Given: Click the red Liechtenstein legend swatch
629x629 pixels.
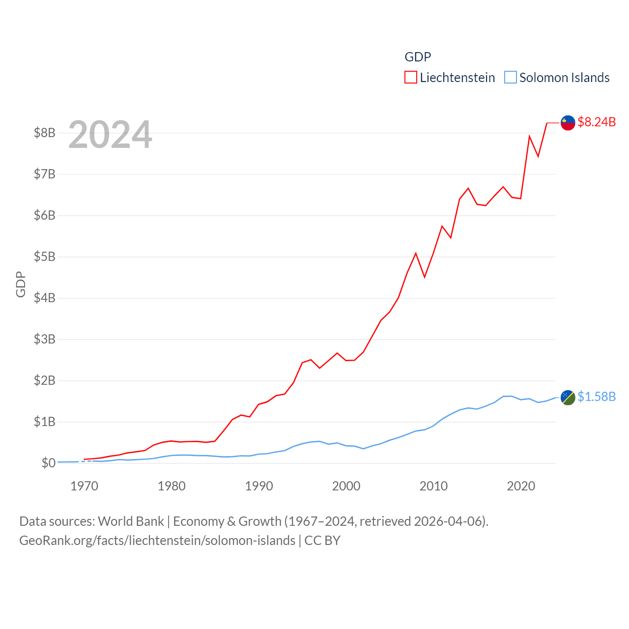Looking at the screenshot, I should [x=411, y=78].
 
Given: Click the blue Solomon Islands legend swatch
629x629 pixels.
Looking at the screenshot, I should [x=511, y=78].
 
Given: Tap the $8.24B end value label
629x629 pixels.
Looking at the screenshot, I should [x=597, y=122].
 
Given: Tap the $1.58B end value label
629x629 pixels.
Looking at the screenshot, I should [x=597, y=397].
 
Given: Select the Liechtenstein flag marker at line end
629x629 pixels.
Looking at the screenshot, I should [x=568, y=123].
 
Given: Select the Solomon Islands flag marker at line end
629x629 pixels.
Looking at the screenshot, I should [x=568, y=398].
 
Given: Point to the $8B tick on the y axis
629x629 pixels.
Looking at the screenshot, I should [x=44, y=133].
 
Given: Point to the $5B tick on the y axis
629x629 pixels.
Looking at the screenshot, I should [x=44, y=257].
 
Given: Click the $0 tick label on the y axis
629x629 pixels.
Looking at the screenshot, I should [x=48, y=463].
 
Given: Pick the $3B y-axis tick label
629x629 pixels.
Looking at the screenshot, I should [x=44, y=339].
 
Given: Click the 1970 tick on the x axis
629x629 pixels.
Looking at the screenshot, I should [x=84, y=486].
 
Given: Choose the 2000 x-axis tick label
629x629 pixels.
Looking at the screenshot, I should [x=346, y=486].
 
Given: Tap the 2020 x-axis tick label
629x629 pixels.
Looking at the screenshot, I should [x=521, y=486].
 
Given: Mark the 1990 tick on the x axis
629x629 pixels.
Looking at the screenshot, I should [x=259, y=486].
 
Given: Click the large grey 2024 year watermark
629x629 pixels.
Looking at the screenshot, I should [x=110, y=135].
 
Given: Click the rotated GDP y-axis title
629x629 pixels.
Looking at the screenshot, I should [x=21, y=284].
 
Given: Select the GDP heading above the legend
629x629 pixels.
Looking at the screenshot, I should [x=418, y=57].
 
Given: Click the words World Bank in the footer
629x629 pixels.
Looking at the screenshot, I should [x=131, y=521].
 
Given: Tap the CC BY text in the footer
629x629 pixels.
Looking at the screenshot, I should [x=322, y=541].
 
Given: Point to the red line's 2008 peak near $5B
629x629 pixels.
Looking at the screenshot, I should [x=416, y=254].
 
